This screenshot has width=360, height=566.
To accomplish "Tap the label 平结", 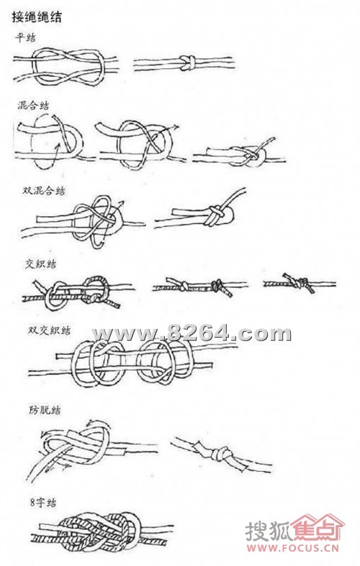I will pos(26,37).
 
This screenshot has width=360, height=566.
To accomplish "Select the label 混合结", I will pos(33,105).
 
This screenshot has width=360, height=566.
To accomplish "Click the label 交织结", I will pos(36,264).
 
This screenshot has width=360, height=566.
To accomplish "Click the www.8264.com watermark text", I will pos(191,333).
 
